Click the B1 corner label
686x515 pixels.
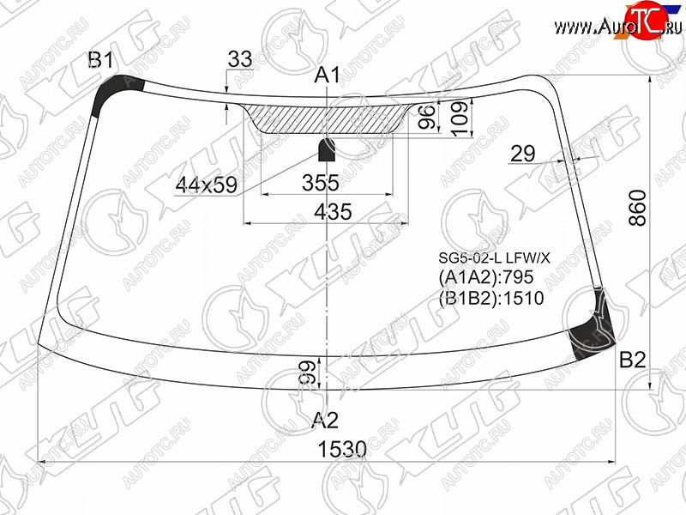[x=101, y=60]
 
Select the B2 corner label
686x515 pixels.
[x=633, y=360]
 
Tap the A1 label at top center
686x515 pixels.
[x=327, y=75]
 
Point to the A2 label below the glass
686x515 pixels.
[x=325, y=421]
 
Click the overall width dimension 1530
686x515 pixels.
[x=341, y=449]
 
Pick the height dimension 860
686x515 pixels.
[x=637, y=208]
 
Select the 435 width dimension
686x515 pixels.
[x=333, y=211]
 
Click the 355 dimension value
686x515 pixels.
[x=321, y=183]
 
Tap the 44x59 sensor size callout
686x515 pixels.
[x=206, y=185]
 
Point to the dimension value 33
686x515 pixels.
[x=240, y=59]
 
